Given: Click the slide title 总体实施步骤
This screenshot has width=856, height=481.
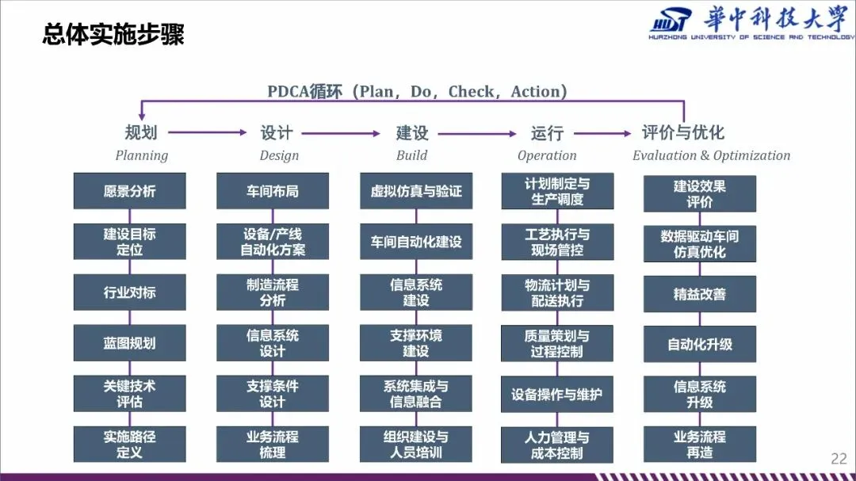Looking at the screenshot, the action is pos(113,35).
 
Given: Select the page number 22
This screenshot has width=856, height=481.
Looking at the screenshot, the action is pos(839,458).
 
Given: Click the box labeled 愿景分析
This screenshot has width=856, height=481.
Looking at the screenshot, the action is pos(130,191).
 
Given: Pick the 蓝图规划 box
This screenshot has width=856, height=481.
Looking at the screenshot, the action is pos(130,343).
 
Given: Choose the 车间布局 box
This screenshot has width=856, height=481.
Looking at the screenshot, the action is pos(273,191).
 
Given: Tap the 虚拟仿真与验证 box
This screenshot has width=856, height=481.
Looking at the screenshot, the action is pos(416,191).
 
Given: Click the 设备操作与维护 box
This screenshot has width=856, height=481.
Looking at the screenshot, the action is pos(557,394).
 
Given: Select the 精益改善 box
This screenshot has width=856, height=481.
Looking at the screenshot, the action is pos(700,294).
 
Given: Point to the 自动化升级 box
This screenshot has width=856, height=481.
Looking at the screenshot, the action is pos(700,345).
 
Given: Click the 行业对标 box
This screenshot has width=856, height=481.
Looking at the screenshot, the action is pos(130,292).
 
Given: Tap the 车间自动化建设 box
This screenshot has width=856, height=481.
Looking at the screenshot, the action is pos(416,242).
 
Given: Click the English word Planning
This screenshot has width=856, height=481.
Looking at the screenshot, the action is pos(142,155).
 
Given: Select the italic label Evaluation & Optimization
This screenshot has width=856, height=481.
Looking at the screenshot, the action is pos(711,155).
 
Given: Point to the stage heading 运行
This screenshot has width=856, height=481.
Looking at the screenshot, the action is pos(547,133).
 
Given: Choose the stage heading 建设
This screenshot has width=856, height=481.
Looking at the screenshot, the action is pos(412,133).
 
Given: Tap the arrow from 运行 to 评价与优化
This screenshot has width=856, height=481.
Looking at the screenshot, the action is pos(602,133).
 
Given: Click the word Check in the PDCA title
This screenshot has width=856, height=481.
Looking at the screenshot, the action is pos(471,92).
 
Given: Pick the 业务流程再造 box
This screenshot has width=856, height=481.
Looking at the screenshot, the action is pos(700,445).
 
